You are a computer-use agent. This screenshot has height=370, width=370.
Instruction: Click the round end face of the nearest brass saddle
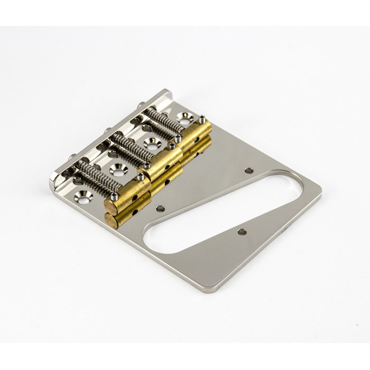pos(111,205)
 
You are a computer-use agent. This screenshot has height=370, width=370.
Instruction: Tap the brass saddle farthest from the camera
pos(196,133)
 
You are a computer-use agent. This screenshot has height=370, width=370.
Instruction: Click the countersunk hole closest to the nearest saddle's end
pos(83,197)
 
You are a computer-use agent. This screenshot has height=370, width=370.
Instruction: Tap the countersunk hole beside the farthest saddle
pos(185,117)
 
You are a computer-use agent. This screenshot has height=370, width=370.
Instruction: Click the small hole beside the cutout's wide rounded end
pos(249,171)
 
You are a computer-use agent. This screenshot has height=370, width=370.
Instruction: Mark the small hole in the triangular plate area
pos(242,232)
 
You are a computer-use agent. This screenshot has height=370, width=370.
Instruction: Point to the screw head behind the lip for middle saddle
pos(107,129)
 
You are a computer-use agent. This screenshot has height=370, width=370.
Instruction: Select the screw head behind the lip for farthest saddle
pos(142,106)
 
